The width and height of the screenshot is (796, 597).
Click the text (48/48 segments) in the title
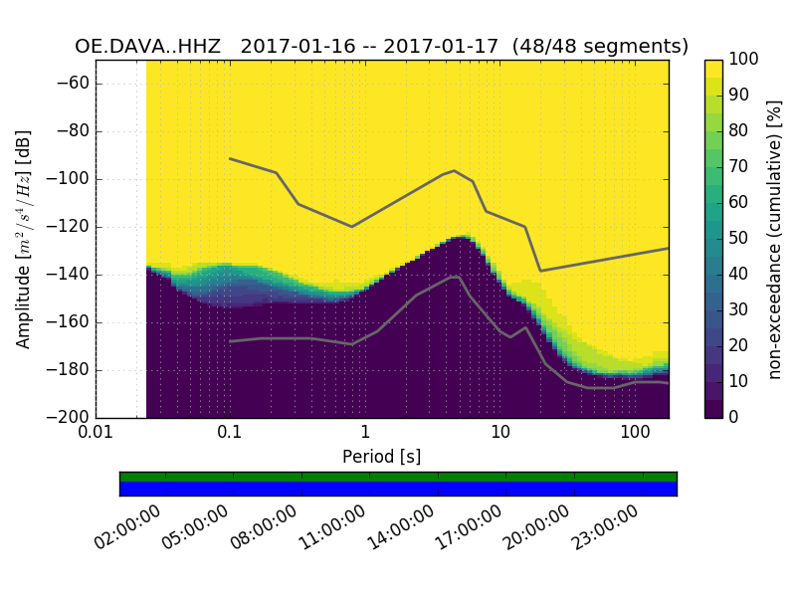click(x=608, y=47)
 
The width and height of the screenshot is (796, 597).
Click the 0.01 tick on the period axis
click(x=96, y=433)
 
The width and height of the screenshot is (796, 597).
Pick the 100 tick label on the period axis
click(x=635, y=433)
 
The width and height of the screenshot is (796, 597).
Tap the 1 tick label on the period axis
click(x=365, y=433)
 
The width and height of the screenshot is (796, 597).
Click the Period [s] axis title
click(x=382, y=456)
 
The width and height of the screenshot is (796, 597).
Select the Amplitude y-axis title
click(x=24, y=239)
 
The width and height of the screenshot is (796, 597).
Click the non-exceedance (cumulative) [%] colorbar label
click(x=776, y=239)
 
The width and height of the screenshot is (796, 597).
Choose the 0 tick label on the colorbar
click(x=734, y=417)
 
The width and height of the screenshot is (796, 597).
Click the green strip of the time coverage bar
click(x=398, y=477)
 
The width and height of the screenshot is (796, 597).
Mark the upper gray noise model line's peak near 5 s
click(x=455, y=170)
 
